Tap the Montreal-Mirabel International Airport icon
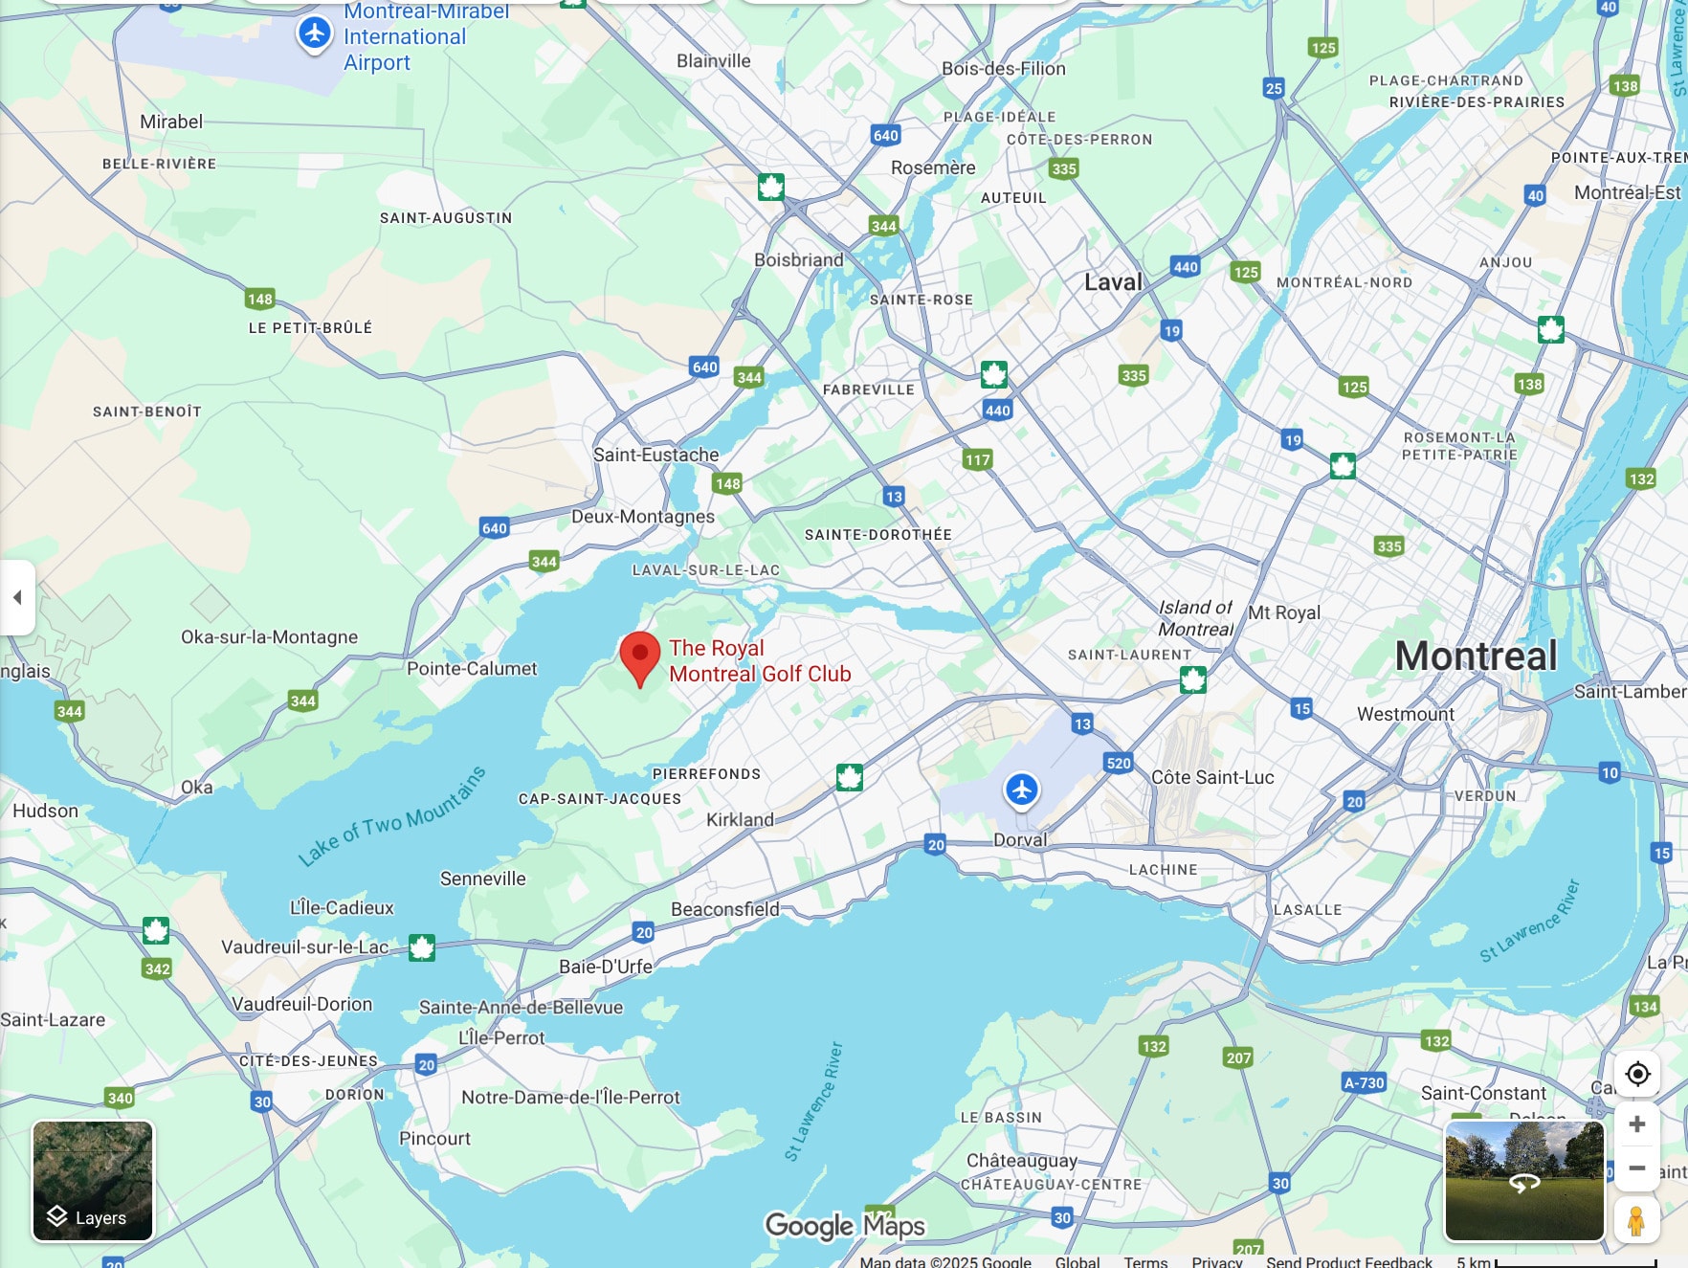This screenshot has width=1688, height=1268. point(314,33)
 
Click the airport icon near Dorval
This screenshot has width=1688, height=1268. point(1022,790)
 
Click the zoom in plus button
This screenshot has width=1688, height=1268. point(1636,1123)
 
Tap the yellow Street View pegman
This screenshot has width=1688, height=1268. point(1636,1221)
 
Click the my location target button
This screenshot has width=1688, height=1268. point(1637,1074)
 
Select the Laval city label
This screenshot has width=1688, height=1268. point(1113,282)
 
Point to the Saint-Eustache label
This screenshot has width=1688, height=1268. point(655,455)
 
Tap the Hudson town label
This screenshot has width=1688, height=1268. point(46,811)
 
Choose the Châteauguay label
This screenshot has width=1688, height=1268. point(1021,1161)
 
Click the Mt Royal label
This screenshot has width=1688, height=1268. point(1284,612)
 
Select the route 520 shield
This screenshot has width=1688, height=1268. point(1118,763)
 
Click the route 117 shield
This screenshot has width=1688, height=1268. point(977,459)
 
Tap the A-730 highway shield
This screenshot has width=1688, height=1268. point(1364,1082)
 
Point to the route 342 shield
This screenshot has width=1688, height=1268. point(157,968)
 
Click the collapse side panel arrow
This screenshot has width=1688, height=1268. point(17,597)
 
